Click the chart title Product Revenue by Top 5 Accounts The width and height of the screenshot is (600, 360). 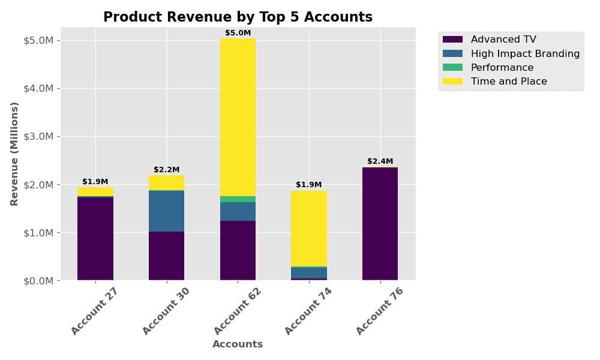click(238, 17)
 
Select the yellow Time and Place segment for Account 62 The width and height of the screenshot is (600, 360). click(238, 117)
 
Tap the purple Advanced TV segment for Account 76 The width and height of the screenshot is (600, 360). click(380, 223)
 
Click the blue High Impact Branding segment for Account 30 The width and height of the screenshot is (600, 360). click(166, 211)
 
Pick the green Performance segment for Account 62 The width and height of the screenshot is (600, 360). click(238, 199)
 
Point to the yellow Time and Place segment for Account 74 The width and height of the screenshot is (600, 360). click(309, 228)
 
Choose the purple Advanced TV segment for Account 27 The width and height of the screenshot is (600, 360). click(95, 238)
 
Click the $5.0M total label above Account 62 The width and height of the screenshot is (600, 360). click(238, 33)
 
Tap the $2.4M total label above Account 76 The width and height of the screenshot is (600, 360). click(380, 161)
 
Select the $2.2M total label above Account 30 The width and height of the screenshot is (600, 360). click(166, 170)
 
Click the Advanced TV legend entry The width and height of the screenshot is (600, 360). click(503, 40)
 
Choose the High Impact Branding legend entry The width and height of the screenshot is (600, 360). click(524, 53)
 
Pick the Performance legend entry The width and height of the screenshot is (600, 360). click(502, 68)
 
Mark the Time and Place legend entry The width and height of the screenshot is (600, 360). click(508, 82)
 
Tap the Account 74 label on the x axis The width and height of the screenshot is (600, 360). click(308, 311)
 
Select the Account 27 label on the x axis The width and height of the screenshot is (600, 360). click(94, 311)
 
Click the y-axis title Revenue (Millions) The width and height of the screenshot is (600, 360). click(15, 154)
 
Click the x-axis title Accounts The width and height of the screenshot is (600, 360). click(238, 344)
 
